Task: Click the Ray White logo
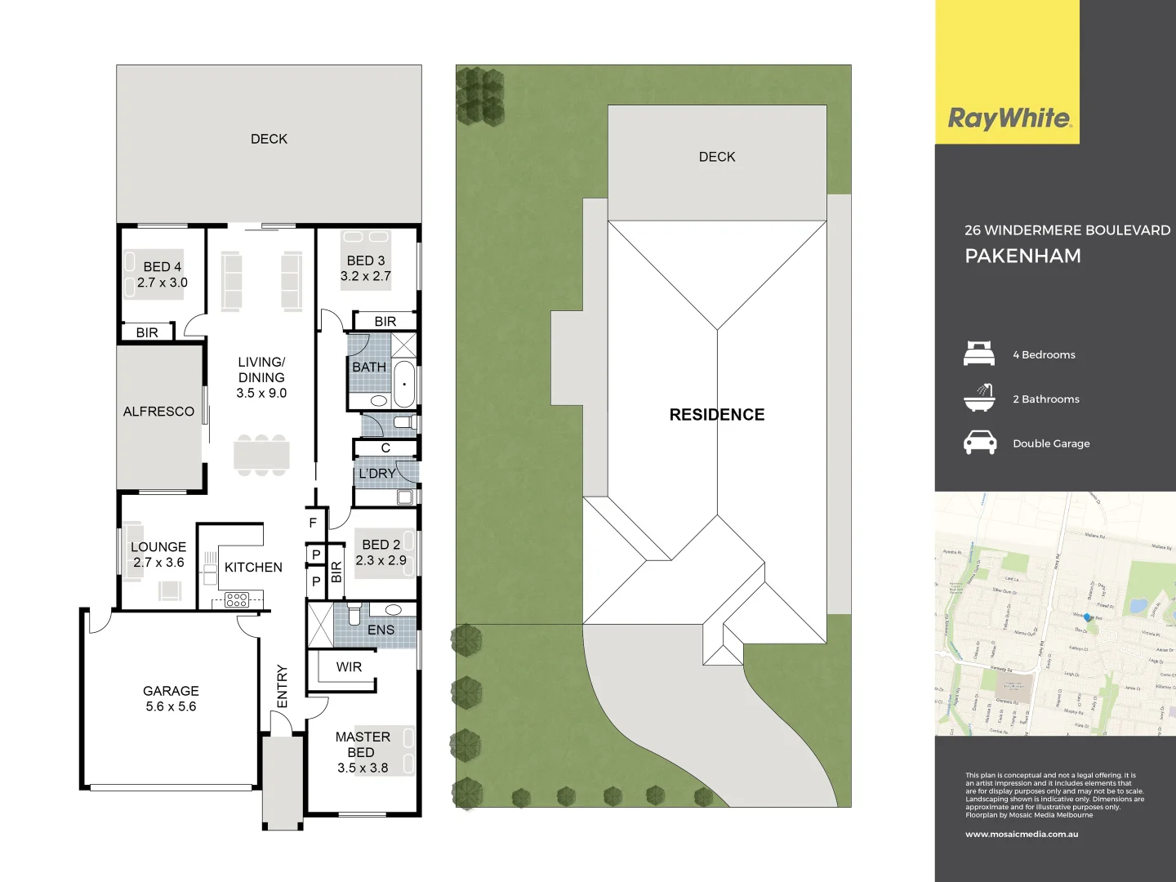click(1009, 119)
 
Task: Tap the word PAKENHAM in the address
click(1022, 256)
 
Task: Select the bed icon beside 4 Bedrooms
click(979, 354)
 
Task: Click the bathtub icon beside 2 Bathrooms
click(979, 398)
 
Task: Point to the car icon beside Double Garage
click(979, 443)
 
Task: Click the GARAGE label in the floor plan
click(171, 691)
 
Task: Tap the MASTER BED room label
click(362, 744)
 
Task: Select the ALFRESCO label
click(158, 412)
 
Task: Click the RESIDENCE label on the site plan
click(717, 415)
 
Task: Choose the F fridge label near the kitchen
click(313, 523)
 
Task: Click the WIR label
click(349, 667)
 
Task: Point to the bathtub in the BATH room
click(404, 384)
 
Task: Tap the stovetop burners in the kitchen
click(237, 601)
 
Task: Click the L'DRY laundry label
click(377, 474)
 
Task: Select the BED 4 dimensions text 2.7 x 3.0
click(163, 283)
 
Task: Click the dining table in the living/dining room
click(261, 454)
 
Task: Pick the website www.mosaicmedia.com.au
click(1022, 835)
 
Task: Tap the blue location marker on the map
click(1087, 617)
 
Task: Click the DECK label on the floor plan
click(269, 139)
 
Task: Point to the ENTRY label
click(283, 686)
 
